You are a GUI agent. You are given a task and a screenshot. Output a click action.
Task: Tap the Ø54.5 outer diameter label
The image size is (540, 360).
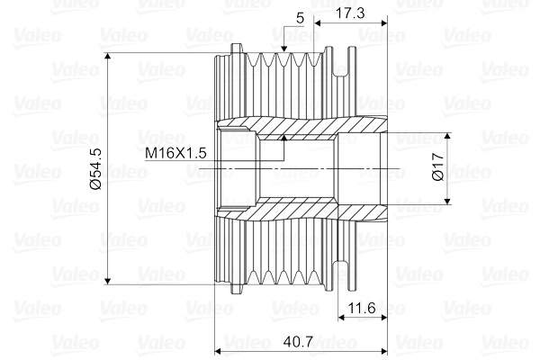coord(96,167)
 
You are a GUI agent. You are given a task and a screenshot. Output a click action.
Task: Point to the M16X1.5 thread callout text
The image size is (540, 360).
coord(176,154)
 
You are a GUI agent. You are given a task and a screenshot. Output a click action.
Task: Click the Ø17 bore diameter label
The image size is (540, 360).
coord(438,168)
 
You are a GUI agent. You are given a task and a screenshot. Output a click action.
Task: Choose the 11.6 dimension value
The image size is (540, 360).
coord(362,309)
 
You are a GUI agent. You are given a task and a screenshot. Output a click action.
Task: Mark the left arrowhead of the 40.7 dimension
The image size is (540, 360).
coord(220,348)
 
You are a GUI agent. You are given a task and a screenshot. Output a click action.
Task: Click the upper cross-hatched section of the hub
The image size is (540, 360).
coord(297,130)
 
